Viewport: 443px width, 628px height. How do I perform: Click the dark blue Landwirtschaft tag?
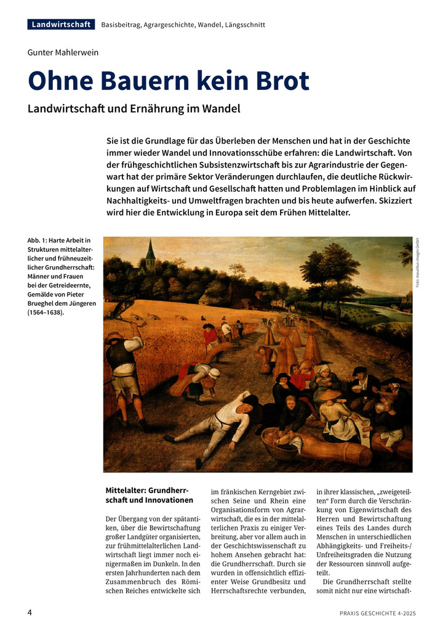point(61,25)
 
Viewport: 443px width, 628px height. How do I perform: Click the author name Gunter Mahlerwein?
point(63,52)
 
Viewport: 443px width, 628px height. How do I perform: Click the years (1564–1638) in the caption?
point(46,312)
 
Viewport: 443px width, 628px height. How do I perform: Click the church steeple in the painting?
point(150,253)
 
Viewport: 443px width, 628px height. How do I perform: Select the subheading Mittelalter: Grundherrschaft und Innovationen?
point(150,495)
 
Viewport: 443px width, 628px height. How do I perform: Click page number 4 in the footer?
point(30,613)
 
